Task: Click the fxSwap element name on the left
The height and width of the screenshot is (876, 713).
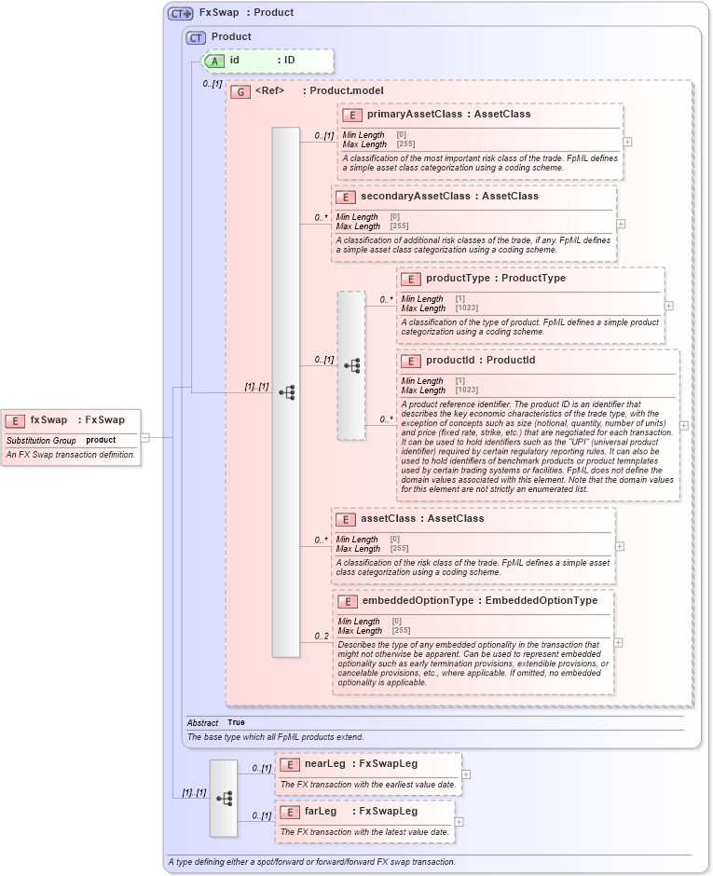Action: pos(48,420)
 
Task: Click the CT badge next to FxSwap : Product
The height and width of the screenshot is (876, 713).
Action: pos(180,13)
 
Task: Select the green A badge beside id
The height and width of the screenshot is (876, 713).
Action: pos(213,61)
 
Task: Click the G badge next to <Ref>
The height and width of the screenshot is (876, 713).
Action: pos(240,91)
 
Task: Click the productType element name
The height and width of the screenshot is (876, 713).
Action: pos(457,279)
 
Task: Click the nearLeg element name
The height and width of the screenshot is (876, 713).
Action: pos(324,764)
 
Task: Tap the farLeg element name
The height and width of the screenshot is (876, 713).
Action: pos(321,812)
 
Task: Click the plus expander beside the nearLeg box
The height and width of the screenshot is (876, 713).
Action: pos(466,773)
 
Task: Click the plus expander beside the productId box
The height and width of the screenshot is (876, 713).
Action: pos(684,425)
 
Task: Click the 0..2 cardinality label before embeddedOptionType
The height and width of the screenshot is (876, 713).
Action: pos(322,636)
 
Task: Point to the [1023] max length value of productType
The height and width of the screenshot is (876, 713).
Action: pos(466,308)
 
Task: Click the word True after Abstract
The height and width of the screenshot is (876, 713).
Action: pos(236,722)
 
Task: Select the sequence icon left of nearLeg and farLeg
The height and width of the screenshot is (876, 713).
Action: pos(224,798)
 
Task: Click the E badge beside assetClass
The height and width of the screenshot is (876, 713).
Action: pos(345,519)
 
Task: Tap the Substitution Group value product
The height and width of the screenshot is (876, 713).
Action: pos(101,440)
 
